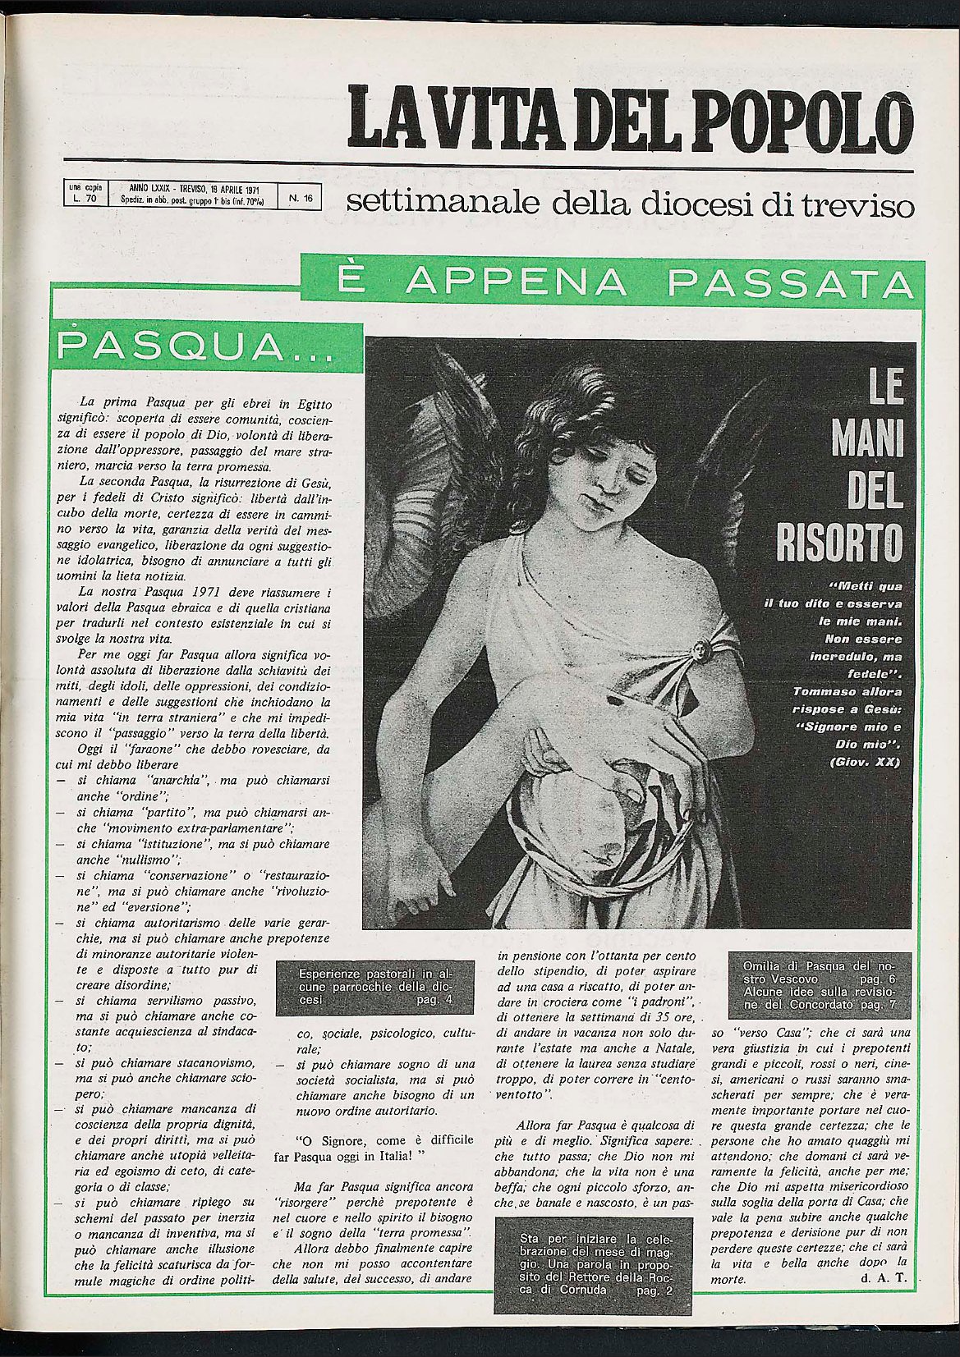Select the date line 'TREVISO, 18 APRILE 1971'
click(200, 188)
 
